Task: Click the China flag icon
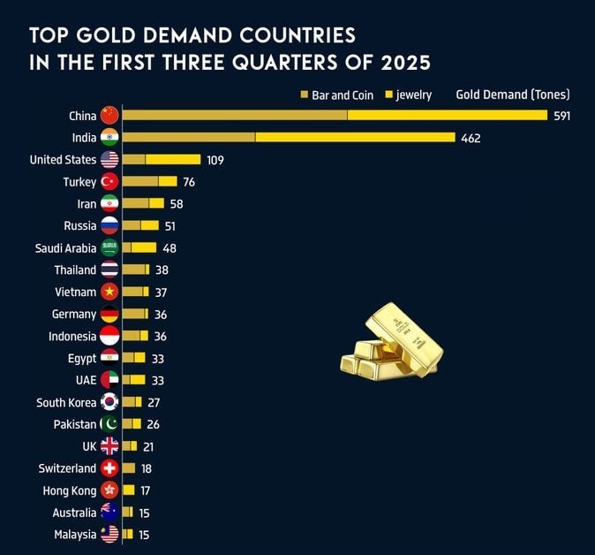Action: click(x=109, y=116)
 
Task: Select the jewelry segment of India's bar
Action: click(x=355, y=138)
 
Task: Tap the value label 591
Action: click(x=562, y=116)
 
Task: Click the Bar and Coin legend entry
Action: click(x=336, y=95)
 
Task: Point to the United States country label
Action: click(x=63, y=160)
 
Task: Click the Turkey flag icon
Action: click(x=109, y=181)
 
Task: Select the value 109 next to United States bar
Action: click(x=215, y=160)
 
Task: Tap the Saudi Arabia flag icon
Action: click(x=109, y=248)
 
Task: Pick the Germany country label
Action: click(x=74, y=314)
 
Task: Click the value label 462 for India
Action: click(x=471, y=138)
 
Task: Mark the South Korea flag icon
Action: click(x=109, y=402)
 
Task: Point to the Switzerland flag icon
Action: click(x=109, y=468)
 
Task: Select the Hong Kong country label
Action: click(x=70, y=490)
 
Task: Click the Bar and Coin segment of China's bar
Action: click(x=235, y=116)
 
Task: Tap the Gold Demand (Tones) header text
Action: click(x=512, y=95)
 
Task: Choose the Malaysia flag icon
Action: click(x=109, y=534)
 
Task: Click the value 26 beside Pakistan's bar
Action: click(x=153, y=424)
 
